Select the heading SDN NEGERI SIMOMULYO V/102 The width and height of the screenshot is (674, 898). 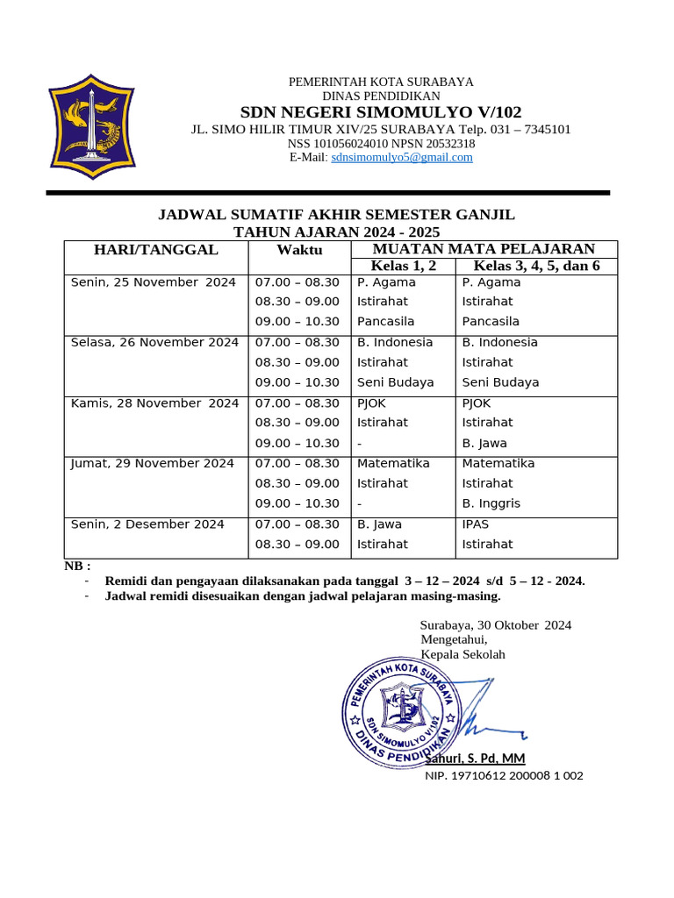tap(381, 111)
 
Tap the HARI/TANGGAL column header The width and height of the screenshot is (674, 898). tap(156, 250)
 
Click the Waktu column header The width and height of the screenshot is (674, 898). tap(299, 251)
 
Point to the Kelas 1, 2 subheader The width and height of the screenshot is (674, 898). tap(403, 266)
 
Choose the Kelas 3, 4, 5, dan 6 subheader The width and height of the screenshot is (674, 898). tap(536, 266)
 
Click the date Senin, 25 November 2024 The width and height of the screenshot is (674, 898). tap(153, 282)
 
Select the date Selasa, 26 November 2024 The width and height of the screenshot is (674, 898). tap(154, 343)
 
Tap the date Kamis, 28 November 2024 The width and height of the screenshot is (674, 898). tap(154, 403)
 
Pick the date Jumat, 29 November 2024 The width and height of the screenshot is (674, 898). tap(152, 464)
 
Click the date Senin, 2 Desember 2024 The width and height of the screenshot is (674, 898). tap(147, 524)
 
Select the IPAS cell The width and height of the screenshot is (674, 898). tap(476, 524)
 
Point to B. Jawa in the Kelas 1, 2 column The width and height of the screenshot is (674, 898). tap(379, 524)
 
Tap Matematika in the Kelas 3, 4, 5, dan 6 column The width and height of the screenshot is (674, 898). tap(498, 464)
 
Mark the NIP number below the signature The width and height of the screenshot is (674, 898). tap(504, 776)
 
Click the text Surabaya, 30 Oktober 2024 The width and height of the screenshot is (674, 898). tap(496, 625)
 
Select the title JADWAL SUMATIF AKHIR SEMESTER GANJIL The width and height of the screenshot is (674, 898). tap(336, 215)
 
